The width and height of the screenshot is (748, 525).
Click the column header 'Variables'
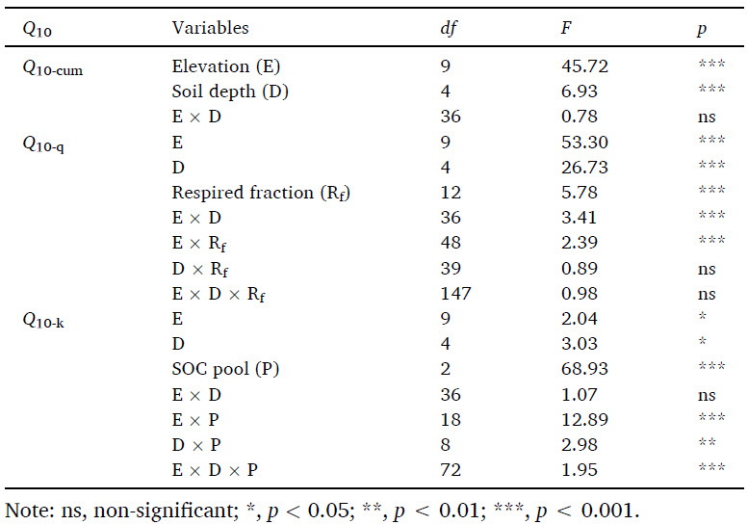(x=210, y=28)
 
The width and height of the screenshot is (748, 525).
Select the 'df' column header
(x=447, y=28)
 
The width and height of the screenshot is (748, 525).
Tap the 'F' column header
(x=566, y=28)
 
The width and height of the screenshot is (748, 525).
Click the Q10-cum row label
(x=53, y=67)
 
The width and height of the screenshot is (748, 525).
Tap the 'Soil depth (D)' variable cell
(x=230, y=92)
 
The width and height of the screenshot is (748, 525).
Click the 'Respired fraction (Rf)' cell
(x=261, y=193)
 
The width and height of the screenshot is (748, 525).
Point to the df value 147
(x=454, y=293)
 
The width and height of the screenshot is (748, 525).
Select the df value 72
(x=450, y=469)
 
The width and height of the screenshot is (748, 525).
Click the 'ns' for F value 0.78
(x=706, y=118)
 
